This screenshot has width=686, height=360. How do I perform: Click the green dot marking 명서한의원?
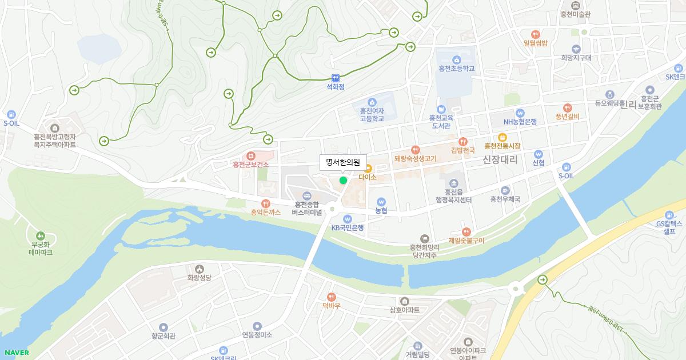point(343,180)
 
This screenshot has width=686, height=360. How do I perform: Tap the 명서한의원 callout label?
point(342,162)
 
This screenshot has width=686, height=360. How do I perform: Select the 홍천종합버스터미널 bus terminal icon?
point(307,195)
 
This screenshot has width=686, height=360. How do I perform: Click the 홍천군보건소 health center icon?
point(250,156)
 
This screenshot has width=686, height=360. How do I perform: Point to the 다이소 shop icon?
point(368,169)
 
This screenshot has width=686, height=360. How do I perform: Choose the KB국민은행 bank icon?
point(348,219)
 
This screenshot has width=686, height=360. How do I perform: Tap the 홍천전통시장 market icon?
point(502,137)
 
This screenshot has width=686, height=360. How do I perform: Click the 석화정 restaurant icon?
point(336,78)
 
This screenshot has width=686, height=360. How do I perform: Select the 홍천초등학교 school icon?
point(457,60)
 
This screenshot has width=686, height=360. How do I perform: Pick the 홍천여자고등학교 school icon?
point(372,102)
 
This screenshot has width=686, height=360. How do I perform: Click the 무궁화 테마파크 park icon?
point(40,235)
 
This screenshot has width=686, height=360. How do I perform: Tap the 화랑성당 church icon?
point(199,269)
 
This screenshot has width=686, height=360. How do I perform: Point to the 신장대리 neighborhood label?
point(500,160)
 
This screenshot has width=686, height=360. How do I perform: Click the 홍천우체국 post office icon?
point(505,190)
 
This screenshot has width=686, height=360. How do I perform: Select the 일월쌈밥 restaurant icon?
point(535,34)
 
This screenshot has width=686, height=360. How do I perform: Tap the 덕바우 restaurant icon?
point(331,297)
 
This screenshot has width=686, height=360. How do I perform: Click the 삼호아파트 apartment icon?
point(405,301)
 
